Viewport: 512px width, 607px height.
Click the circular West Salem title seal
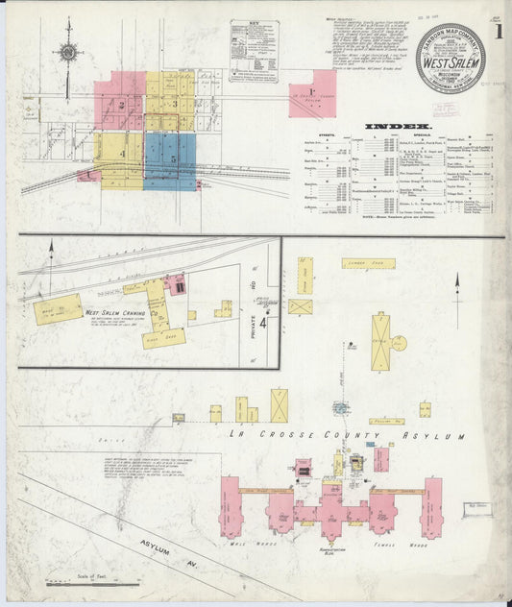coord(451,60)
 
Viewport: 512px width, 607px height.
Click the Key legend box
coord(254,50)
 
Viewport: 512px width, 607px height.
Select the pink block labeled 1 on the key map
coord(312,93)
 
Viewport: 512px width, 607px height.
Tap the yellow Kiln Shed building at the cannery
coord(163,338)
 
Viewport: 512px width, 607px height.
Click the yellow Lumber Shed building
coord(370,262)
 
